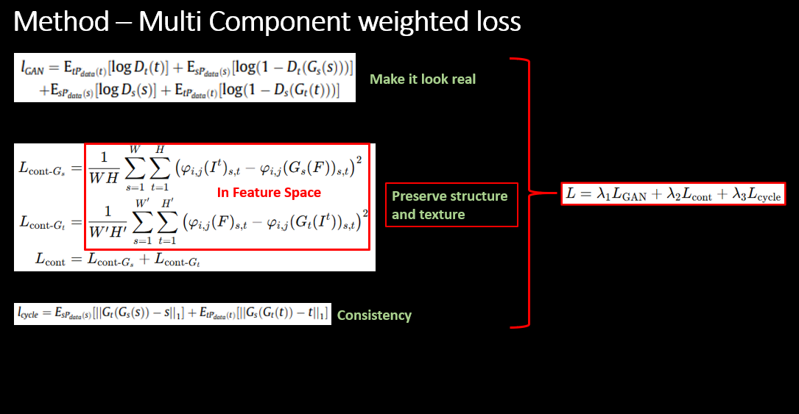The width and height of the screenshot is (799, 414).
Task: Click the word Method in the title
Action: [61, 22]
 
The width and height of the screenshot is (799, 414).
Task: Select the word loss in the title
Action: [496, 22]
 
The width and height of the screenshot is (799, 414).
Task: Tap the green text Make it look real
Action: [423, 79]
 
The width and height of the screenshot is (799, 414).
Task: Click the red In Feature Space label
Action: [269, 193]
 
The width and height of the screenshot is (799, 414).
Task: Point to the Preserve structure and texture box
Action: [451, 205]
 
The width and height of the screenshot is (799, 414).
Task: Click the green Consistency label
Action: [374, 315]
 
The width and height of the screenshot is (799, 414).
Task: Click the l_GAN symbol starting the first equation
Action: [33, 68]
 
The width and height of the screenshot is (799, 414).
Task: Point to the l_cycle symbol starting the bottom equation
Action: [28, 313]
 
